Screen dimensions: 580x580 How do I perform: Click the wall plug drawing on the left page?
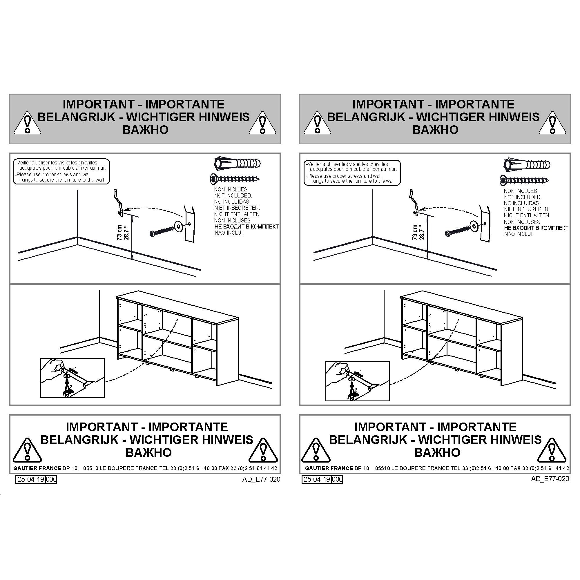(237, 164)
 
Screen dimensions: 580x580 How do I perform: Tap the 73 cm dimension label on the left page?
(119, 232)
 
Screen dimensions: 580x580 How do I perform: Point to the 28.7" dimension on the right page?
(422, 232)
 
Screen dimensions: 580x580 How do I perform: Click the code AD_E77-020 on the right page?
(550, 478)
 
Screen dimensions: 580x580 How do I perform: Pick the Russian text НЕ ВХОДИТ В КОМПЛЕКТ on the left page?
(246, 227)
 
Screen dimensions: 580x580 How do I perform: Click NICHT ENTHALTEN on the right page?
(527, 215)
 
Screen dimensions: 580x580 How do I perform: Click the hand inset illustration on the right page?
(357, 381)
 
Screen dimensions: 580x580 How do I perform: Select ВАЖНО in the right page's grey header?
(435, 130)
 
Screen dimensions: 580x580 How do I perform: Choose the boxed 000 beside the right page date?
(338, 479)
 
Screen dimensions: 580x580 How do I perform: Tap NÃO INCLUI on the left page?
(229, 233)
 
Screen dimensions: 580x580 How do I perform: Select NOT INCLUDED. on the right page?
(523, 197)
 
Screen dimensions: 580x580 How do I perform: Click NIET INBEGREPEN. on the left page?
(237, 208)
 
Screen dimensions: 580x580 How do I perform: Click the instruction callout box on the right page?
(352, 173)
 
